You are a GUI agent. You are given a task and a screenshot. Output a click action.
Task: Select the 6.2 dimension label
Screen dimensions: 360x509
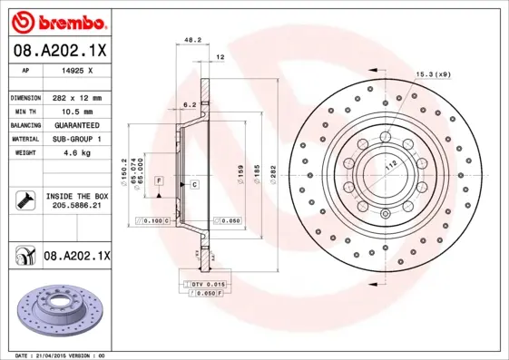pos(190,105)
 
